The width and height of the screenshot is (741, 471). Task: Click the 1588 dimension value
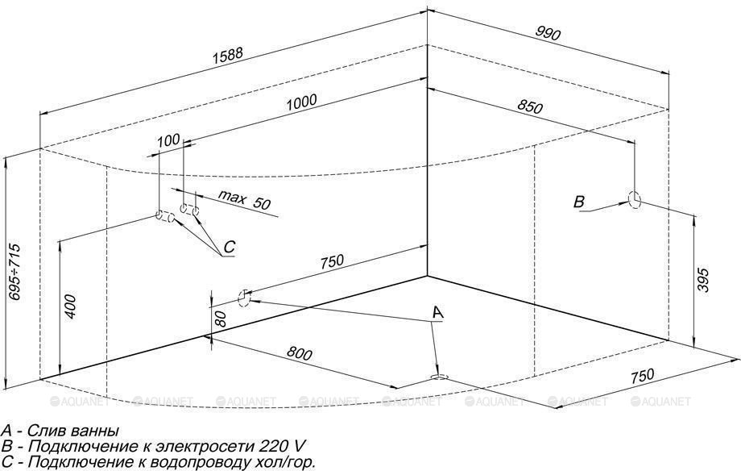click(228, 56)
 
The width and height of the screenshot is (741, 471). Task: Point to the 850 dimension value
click(530, 106)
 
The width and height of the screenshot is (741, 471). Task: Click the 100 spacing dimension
click(168, 140)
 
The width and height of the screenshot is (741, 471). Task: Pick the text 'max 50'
click(244, 200)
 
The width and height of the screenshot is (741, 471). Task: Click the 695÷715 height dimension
click(14, 272)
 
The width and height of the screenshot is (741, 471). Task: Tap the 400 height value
click(69, 306)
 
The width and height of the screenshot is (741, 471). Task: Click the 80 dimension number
click(221, 319)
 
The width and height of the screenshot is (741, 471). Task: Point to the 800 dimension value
click(300, 353)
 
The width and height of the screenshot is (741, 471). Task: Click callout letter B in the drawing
click(579, 202)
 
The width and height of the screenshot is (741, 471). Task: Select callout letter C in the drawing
click(229, 247)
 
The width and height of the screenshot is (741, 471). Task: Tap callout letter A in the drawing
click(438, 312)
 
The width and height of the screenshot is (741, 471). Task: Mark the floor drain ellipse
click(439, 377)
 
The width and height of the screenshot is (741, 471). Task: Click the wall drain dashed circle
click(244, 298)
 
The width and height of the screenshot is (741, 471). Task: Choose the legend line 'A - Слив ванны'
click(60, 431)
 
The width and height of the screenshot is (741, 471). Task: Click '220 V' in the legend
click(282, 446)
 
